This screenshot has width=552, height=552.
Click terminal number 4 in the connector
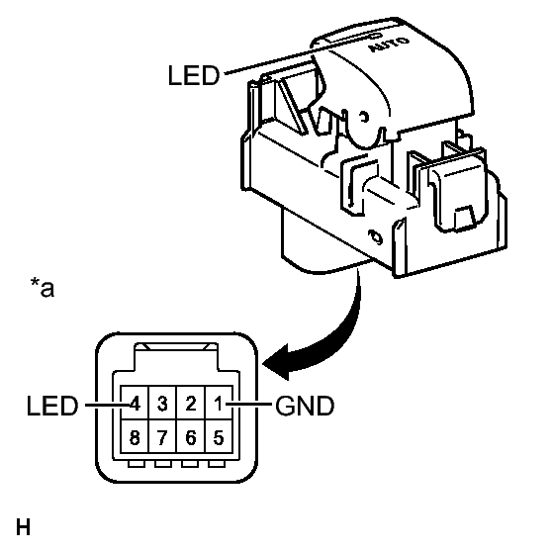[x=136, y=404]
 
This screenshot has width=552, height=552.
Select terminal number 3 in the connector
[x=162, y=404]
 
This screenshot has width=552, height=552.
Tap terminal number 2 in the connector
[x=191, y=404]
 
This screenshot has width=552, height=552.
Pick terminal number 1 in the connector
[x=219, y=404]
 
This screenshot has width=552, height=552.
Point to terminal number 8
[x=135, y=437]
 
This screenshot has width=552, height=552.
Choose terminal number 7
[x=162, y=437]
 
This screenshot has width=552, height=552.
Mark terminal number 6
[x=191, y=437]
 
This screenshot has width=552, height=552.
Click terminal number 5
[x=219, y=437]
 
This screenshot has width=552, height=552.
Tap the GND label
[x=305, y=406]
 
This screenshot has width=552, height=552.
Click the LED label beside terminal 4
[x=52, y=406]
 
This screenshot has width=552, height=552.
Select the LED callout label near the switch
[x=194, y=75]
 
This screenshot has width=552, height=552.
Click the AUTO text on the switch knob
[x=389, y=45]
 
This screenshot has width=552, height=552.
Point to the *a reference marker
[x=43, y=288]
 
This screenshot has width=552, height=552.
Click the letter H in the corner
[x=23, y=527]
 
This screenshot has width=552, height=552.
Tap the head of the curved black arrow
[x=276, y=363]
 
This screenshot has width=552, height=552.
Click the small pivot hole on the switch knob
[x=363, y=117]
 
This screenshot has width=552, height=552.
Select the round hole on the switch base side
[x=375, y=237]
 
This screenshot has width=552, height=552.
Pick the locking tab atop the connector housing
[x=176, y=356]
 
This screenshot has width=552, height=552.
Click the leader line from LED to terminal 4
[x=109, y=405]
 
